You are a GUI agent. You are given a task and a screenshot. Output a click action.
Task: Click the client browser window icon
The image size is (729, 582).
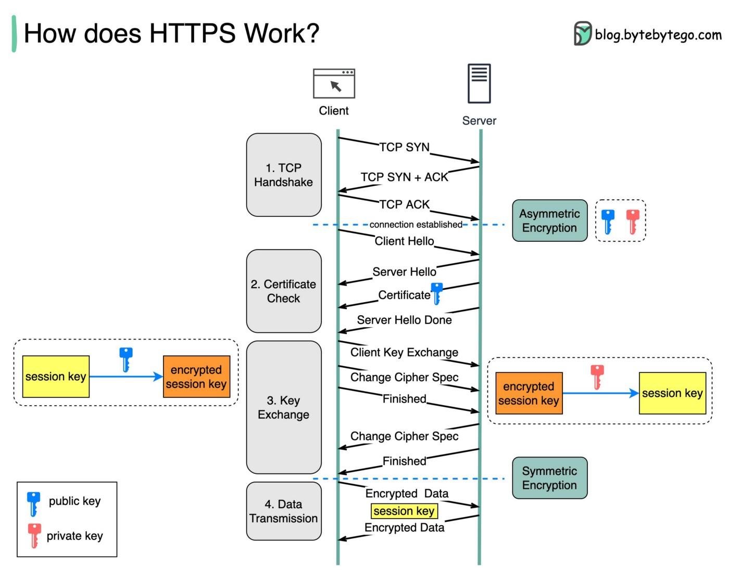coord(334,83)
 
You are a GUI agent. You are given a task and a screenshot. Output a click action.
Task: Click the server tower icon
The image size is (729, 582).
coord(479,83)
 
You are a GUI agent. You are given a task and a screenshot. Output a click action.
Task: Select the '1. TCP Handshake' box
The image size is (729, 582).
coord(284,175)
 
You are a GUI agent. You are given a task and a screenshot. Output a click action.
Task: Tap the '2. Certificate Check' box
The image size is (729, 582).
coord(284,291)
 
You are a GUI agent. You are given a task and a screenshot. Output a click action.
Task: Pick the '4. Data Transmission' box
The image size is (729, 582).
coord(284,511)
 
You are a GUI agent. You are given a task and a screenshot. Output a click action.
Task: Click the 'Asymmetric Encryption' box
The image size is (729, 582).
coord(549,221)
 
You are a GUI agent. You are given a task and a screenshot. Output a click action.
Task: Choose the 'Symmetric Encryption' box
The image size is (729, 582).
coord(549,478)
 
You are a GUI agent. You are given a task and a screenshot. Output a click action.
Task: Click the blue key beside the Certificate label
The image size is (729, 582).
coord(437,293)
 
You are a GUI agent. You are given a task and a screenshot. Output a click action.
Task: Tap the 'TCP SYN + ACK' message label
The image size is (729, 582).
coord(404,177)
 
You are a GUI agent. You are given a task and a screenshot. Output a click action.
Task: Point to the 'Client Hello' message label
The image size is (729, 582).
coord(404,241)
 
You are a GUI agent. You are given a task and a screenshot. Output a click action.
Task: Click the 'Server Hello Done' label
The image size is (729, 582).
coord(404,320)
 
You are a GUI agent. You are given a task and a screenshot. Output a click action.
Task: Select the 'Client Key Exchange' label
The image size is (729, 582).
coord(404,352)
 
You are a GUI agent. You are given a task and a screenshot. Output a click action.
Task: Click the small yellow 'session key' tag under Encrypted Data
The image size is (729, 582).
coord(404,511)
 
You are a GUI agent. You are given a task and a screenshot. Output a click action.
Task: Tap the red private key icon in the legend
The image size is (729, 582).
coord(34,536)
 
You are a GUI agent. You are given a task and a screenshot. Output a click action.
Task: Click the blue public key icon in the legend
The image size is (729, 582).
coord(33,502)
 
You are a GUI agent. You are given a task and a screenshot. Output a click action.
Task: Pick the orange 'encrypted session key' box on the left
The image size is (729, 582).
coord(196,377)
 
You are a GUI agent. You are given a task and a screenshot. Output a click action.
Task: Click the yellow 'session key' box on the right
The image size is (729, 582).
coord(672,393)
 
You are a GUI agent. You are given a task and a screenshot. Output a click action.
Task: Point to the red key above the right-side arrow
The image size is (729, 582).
coord(597,377)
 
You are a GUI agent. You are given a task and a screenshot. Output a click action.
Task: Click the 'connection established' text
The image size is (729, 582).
coord(416,225)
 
